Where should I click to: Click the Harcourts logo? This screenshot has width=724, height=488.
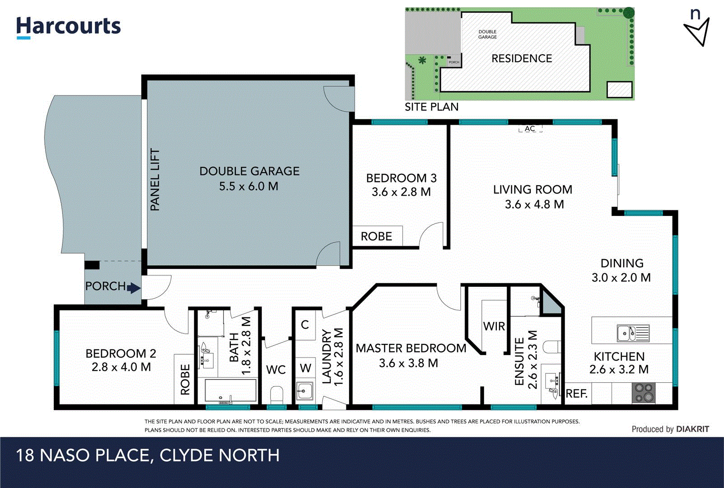click(69, 27)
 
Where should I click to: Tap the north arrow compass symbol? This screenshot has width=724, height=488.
click(697, 30)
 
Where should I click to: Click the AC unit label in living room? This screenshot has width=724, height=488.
click(530, 129)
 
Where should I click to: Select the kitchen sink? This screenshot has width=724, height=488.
click(633, 333)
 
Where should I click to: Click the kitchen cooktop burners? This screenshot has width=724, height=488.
click(643, 393)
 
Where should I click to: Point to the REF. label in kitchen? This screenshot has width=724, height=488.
click(576, 394)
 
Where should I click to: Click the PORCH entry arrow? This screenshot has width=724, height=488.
click(134, 288)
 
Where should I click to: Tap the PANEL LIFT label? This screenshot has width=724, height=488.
click(155, 180)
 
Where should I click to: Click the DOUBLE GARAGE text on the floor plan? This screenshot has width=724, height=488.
click(249, 171)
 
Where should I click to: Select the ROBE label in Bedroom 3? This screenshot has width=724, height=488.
click(376, 236)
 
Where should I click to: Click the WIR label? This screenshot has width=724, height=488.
click(494, 326)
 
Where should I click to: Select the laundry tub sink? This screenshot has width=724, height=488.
click(304, 390)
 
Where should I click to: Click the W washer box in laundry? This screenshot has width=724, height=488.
click(305, 368)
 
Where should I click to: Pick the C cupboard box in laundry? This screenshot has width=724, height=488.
click(305, 324)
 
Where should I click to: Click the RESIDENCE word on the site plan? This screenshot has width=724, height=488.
click(522, 59)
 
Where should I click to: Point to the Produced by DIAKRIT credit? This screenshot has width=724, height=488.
click(670, 429)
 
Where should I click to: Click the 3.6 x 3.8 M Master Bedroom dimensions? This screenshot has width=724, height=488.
click(408, 363)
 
